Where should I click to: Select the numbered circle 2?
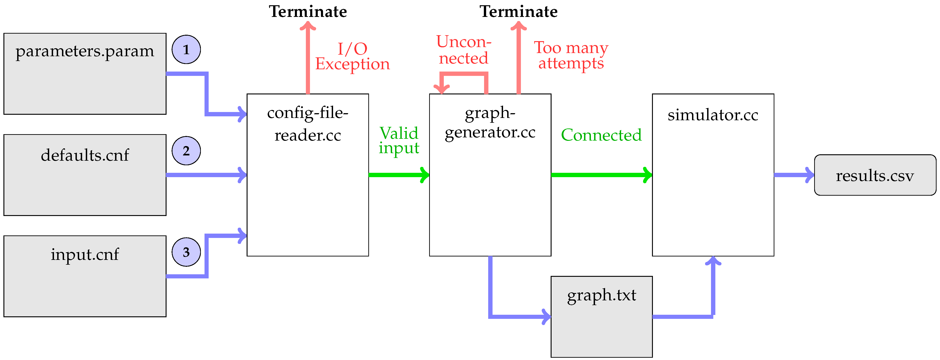[x=186, y=151]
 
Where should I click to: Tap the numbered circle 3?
[x=186, y=252]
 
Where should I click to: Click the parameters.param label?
[x=85, y=51]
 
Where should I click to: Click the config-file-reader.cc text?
[x=308, y=124]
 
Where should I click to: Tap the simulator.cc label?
[x=713, y=115]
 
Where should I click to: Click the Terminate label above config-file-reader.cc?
[x=308, y=12]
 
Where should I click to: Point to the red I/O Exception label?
[x=352, y=56]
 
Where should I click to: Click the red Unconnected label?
[x=463, y=50]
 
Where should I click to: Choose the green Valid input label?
[x=399, y=140]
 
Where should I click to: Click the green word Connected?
[x=601, y=135]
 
